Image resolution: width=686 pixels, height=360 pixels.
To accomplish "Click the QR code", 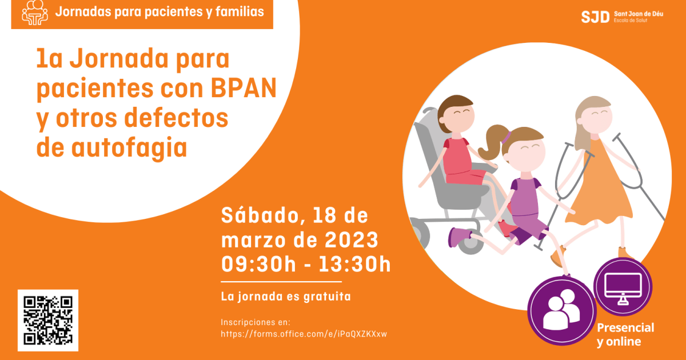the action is pyautogui.click(x=48, y=320).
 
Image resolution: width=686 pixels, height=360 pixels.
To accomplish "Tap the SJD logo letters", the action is pyautogui.click(x=595, y=17).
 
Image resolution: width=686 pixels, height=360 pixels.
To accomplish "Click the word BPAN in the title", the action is pyautogui.click(x=244, y=89).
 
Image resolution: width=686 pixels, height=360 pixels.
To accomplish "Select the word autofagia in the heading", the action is pyautogui.click(x=129, y=148).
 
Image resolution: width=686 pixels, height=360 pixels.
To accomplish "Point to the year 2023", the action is pyautogui.click(x=351, y=239).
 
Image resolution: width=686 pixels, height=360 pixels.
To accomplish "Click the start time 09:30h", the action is pyautogui.click(x=258, y=264).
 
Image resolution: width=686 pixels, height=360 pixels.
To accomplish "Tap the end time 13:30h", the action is pyautogui.click(x=354, y=264).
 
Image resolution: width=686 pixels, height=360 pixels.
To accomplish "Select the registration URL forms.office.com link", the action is pyautogui.click(x=304, y=334).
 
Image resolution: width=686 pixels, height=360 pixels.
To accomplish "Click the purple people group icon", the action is pyautogui.click(x=561, y=310).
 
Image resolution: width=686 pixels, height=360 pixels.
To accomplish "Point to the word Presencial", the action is pyautogui.click(x=625, y=328).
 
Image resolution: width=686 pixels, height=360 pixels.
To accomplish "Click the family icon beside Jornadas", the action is pyautogui.click(x=35, y=13).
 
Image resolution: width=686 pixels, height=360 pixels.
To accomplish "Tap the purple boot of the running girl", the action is pyautogui.click(x=460, y=236).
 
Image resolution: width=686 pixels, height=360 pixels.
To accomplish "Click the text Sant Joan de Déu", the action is pyautogui.click(x=639, y=14).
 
